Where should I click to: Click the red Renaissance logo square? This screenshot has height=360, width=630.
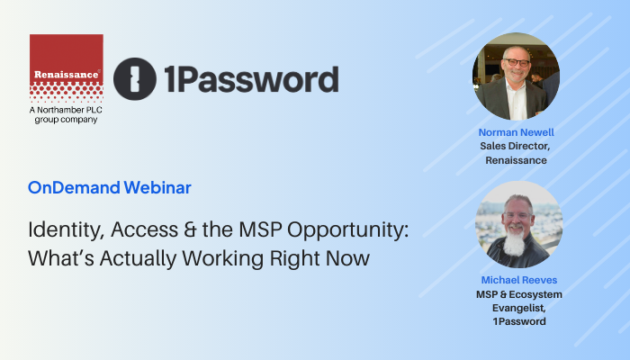67,68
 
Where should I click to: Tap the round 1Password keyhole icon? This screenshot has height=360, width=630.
135,79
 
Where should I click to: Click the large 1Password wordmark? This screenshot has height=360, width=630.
251,79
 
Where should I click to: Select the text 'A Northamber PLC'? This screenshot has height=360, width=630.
66,110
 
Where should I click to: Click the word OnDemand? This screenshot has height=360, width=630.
74,187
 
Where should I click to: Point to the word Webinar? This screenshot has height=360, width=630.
157,187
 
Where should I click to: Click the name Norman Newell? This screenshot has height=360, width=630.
517,132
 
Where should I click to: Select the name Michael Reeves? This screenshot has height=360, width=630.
519,280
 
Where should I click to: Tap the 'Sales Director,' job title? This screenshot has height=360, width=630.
515,146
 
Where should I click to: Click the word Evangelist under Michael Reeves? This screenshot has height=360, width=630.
519,308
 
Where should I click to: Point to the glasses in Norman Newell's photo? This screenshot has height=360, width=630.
517,62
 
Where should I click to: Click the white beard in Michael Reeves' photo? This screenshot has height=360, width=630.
514,241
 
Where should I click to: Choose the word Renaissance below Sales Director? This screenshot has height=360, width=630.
516,160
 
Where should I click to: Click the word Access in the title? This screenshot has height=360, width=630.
145,229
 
